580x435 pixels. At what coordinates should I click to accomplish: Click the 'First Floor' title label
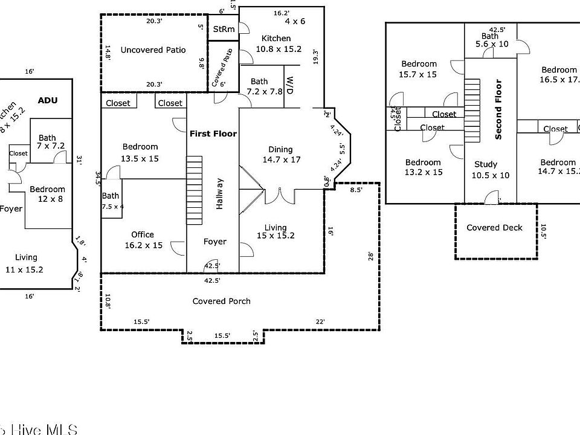coord(213,133)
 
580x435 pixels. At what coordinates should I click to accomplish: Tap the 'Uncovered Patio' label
coord(153,50)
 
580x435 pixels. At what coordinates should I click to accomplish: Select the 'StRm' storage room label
coord(221,30)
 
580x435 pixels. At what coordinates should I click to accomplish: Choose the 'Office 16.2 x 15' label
coord(143,240)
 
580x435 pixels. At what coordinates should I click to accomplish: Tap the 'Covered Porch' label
coord(221,301)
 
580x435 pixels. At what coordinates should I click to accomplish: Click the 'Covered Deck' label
coord(495,227)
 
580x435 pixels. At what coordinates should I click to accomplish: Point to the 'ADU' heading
coord(48,100)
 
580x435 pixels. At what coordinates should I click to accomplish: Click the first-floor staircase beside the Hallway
coord(193,190)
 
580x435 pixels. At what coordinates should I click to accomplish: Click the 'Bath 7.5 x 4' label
coord(111,201)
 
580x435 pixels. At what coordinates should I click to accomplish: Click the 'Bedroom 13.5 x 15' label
coord(140,152)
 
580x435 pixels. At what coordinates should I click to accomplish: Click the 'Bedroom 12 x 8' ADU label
coord(48,194)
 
